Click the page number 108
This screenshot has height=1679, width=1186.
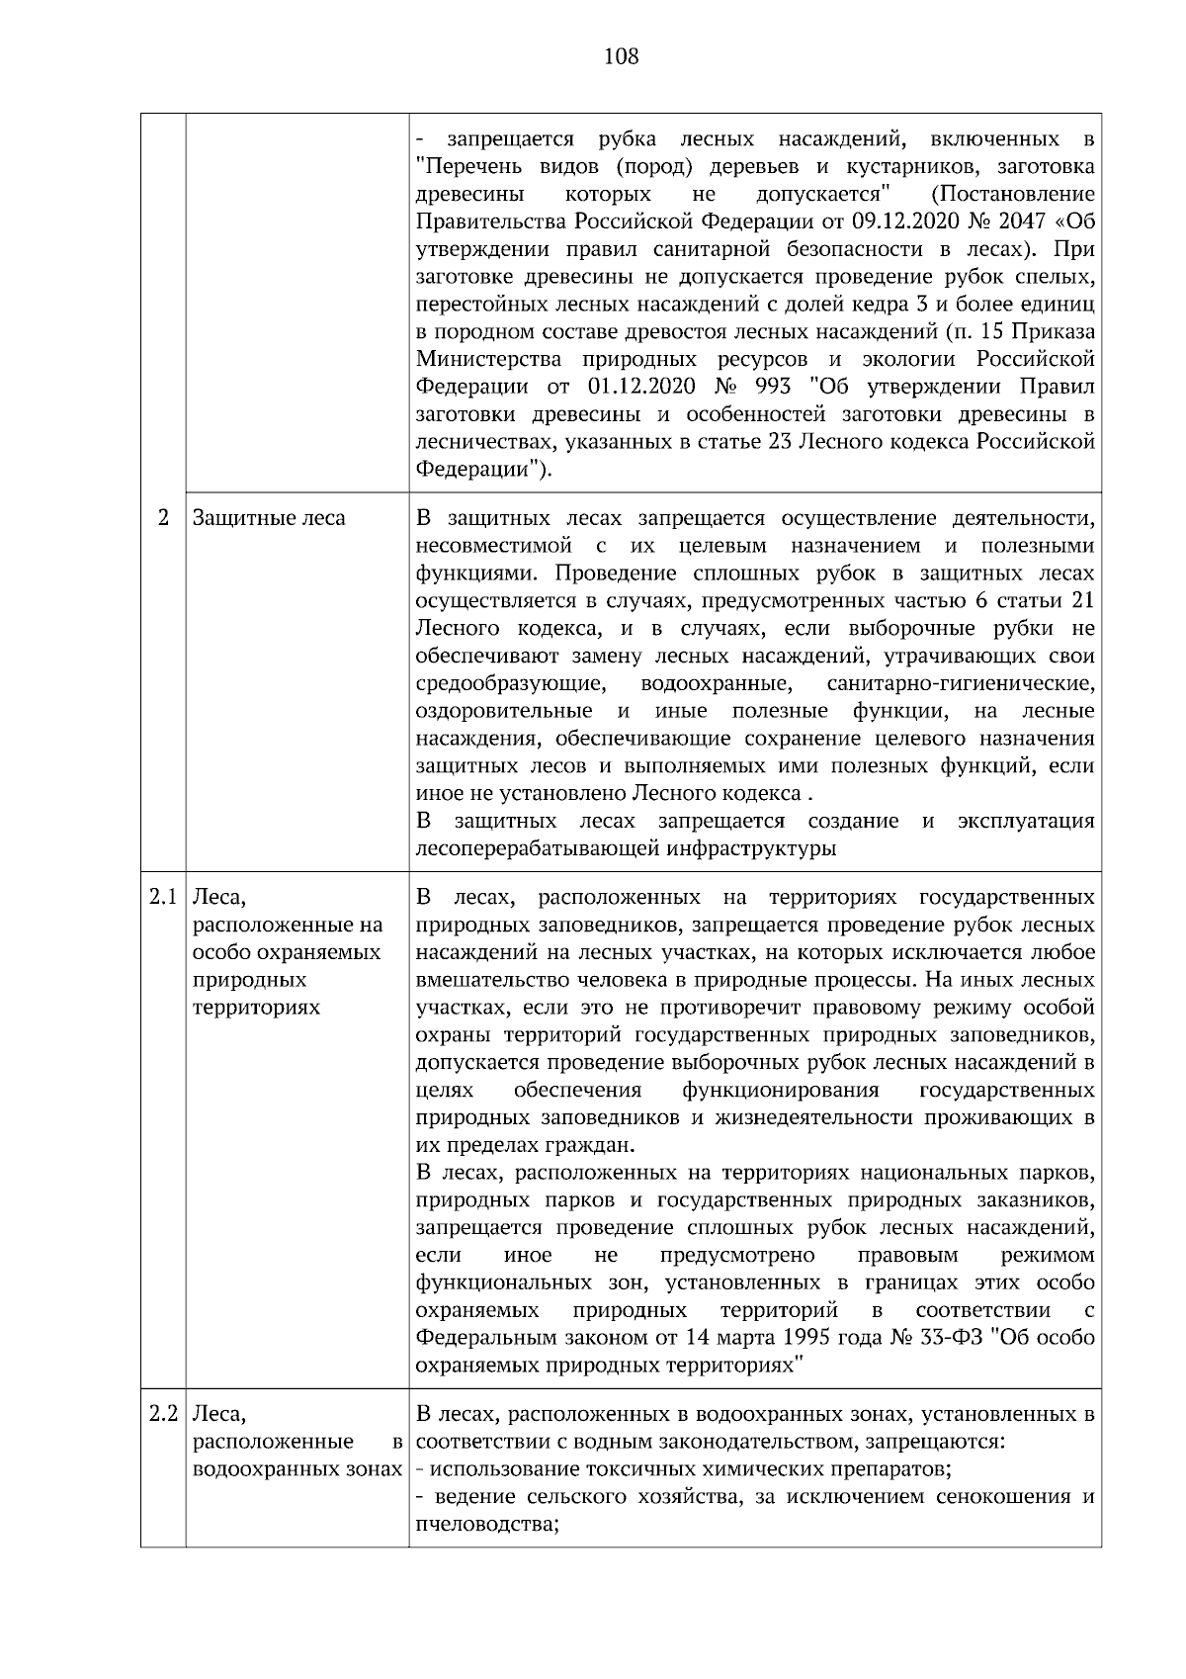pos(621,56)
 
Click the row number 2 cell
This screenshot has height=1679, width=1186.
pos(163,517)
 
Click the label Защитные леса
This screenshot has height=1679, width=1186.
pos(269,517)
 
